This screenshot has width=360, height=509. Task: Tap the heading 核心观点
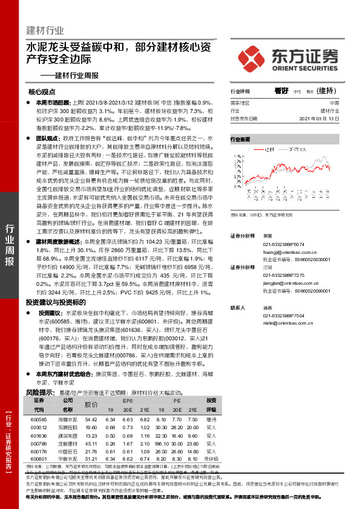click(x=42, y=92)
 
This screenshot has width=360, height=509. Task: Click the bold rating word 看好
click(x=280, y=91)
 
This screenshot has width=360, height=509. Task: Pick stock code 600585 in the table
click(x=38, y=419)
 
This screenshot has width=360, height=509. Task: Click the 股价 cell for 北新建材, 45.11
click(x=91, y=443)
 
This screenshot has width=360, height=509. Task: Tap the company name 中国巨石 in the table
click(x=67, y=450)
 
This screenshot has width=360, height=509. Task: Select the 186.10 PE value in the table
click(x=162, y=443)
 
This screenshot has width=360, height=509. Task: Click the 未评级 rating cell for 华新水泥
click(x=211, y=458)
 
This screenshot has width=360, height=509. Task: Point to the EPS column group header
click(x=127, y=401)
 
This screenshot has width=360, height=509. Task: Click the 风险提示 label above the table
click(x=38, y=392)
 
